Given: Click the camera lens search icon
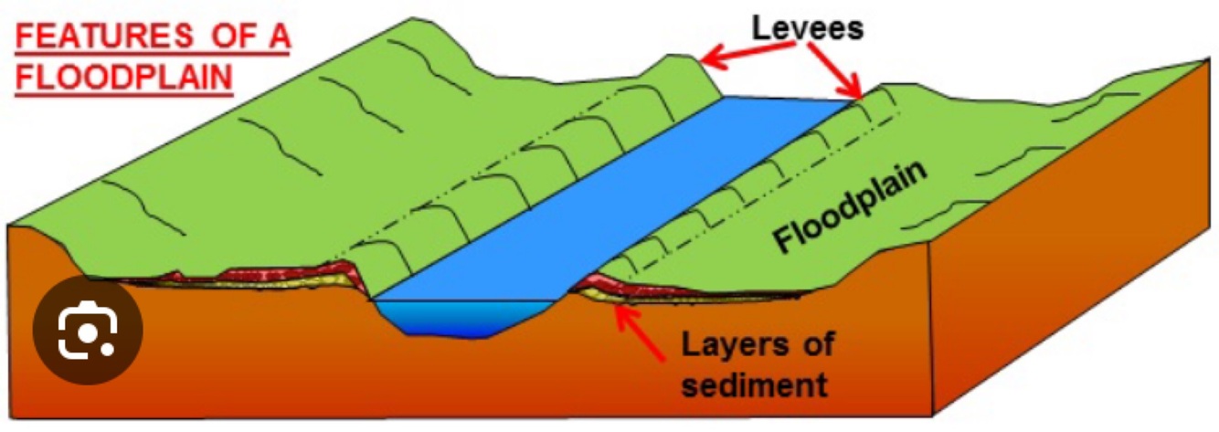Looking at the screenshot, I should pyautogui.click(x=88, y=331).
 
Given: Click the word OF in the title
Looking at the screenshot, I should pyautogui.click(x=216, y=40).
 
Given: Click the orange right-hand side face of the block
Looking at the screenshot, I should pyautogui.click(x=1069, y=274).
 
